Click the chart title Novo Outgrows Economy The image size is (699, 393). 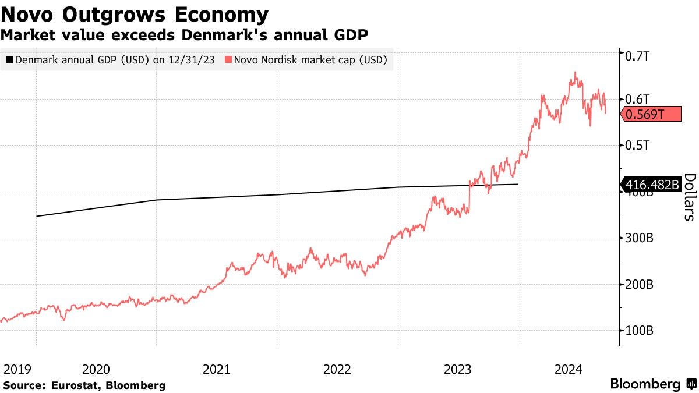135,13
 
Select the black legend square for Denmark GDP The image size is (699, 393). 9,59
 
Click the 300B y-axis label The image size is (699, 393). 640,238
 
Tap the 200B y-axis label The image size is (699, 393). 640,284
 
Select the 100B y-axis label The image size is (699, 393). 640,330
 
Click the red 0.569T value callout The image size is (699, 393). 651,114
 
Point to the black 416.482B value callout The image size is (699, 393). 651,185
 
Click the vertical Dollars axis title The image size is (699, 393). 689,197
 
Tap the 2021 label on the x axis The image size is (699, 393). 216,369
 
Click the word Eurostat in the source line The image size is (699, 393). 70,385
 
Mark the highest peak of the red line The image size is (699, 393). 576,72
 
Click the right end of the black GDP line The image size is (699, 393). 518,184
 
